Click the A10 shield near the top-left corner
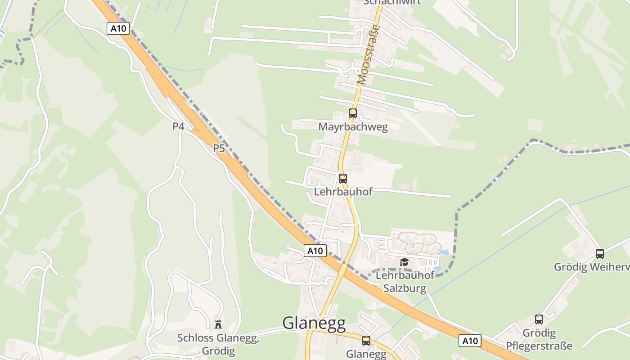(118, 28)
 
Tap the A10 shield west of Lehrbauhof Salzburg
(315, 251)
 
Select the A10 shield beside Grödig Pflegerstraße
(470, 341)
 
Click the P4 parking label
(178, 126)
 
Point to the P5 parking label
(219, 148)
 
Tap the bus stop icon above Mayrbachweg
(353, 113)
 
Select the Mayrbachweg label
(353, 127)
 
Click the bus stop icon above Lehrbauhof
(343, 179)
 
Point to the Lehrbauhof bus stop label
(343, 192)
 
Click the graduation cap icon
(404, 262)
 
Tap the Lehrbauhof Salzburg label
(405, 282)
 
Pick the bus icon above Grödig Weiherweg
(599, 253)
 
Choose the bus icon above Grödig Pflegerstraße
(539, 320)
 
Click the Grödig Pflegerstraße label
(539, 340)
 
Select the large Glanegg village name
(314, 323)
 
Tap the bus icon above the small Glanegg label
(366, 341)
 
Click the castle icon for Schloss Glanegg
(218, 324)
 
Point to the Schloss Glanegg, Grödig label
(218, 344)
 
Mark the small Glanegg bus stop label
(366, 354)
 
